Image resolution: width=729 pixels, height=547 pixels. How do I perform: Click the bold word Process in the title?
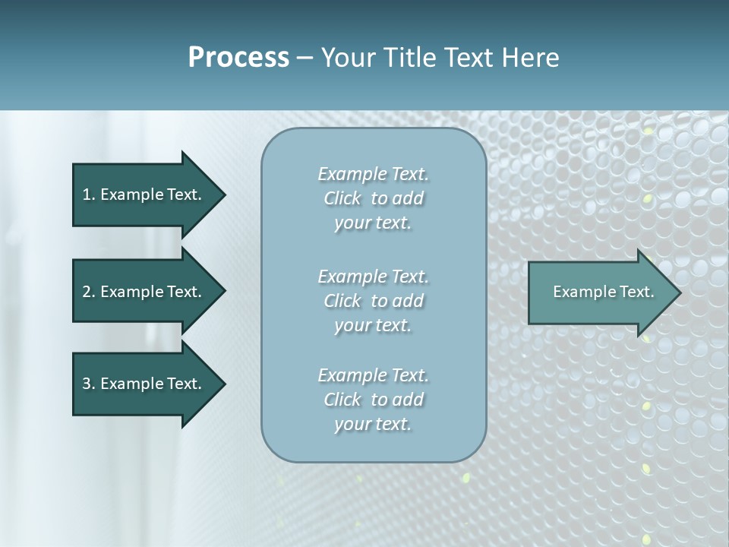pyautogui.click(x=238, y=58)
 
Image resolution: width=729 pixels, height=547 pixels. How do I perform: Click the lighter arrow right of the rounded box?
pyautogui.click(x=600, y=292)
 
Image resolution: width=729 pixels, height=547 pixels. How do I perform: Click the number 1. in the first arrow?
pyautogui.click(x=89, y=194)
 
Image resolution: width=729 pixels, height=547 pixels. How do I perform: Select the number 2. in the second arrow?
pyautogui.click(x=89, y=292)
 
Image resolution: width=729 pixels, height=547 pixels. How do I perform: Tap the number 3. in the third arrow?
pyautogui.click(x=89, y=384)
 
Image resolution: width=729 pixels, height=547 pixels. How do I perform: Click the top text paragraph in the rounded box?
pyautogui.click(x=373, y=198)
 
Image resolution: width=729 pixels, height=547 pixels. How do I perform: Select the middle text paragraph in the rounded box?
pyautogui.click(x=373, y=301)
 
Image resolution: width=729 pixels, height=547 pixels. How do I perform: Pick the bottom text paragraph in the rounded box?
pyautogui.click(x=373, y=400)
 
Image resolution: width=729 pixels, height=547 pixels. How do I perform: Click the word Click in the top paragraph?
pyautogui.click(x=342, y=198)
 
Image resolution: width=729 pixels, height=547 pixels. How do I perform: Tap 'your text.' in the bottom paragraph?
pyautogui.click(x=373, y=424)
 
